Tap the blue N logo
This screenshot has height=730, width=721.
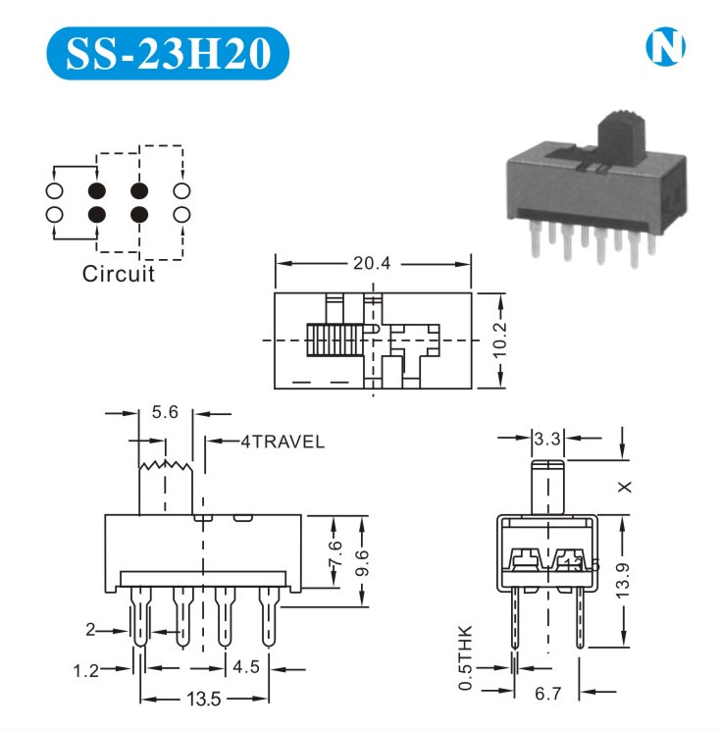click(666, 46)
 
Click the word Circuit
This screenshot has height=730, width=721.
click(119, 273)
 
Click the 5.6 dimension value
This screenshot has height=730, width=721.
click(167, 413)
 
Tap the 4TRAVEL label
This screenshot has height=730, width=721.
click(283, 442)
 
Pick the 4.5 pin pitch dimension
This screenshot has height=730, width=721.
click(248, 668)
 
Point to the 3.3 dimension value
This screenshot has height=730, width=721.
click(546, 440)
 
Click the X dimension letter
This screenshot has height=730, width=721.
click(625, 486)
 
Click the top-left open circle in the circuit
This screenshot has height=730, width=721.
click(54, 190)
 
